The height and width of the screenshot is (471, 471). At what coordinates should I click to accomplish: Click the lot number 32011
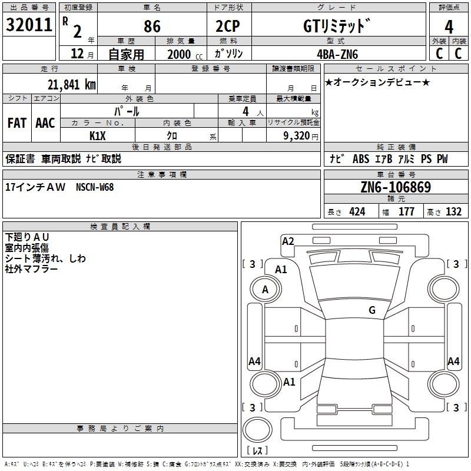[28, 25]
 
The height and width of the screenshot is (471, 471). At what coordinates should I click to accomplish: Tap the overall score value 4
[449, 27]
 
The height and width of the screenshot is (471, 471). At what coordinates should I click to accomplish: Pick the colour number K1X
[98, 135]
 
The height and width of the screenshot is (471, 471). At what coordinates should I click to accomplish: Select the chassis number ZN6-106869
[396, 187]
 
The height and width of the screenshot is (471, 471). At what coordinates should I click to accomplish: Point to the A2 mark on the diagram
[288, 241]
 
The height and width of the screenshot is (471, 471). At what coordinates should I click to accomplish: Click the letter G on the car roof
[372, 310]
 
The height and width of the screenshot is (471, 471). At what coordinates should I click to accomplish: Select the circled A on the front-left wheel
[265, 290]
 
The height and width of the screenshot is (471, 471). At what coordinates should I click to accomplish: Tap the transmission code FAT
[17, 123]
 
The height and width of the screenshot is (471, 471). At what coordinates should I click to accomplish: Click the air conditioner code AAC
[45, 123]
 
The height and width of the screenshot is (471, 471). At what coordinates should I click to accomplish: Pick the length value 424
[357, 212]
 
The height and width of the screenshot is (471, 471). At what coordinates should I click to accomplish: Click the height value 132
[453, 212]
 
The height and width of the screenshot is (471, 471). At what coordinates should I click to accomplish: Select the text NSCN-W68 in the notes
[95, 187]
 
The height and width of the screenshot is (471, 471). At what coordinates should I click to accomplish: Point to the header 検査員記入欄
[121, 227]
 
